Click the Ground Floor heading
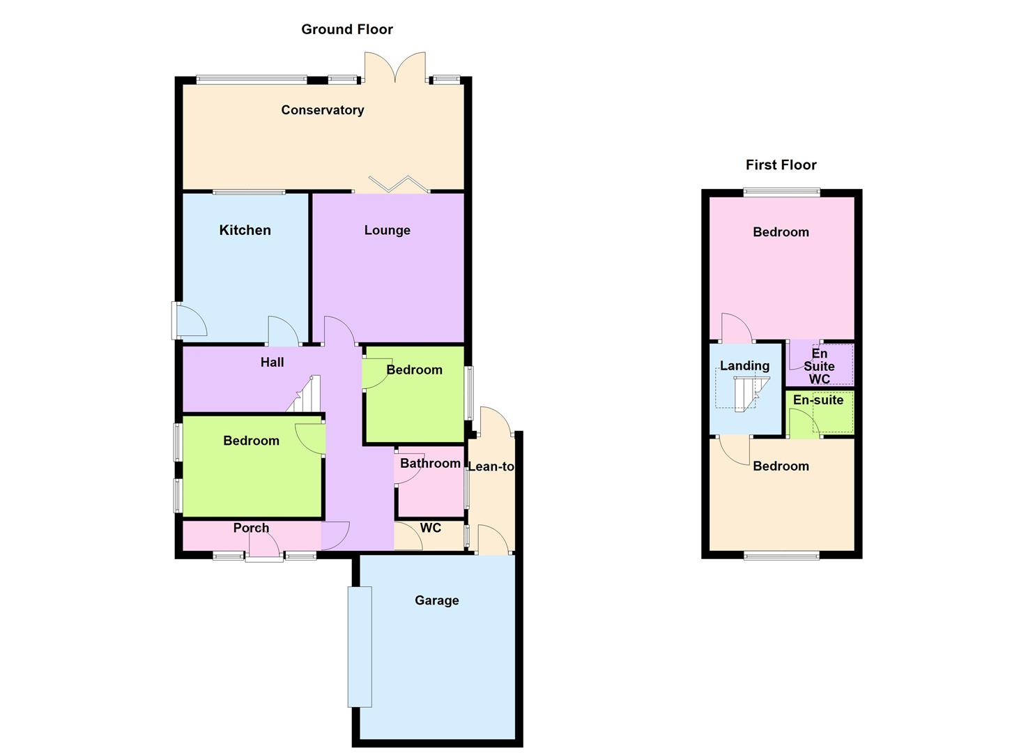pyautogui.click(x=346, y=29)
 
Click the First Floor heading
pyautogui.click(x=781, y=165)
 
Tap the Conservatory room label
pyautogui.click(x=322, y=110)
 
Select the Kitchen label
pyautogui.click(x=245, y=230)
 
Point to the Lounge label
pyautogui.click(x=387, y=230)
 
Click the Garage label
pyautogui.click(x=436, y=600)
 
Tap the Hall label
pyautogui.click(x=272, y=363)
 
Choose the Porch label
pyautogui.click(x=251, y=528)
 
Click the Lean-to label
pyautogui.click(x=491, y=466)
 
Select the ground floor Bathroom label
pyautogui.click(x=430, y=463)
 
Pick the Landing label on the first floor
pyautogui.click(x=744, y=366)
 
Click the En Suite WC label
pyautogui.click(x=819, y=367)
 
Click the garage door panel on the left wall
pyautogui.click(x=360, y=646)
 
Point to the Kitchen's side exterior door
pyautogui.click(x=188, y=321)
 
